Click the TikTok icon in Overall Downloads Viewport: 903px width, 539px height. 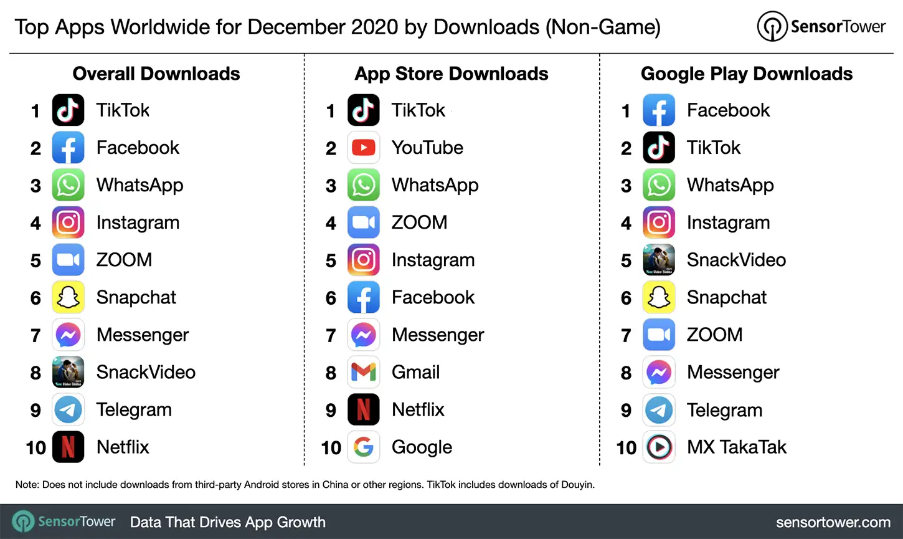pos(68,110)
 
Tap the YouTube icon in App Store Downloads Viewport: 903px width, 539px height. pos(363,148)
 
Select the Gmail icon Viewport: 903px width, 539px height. pos(363,372)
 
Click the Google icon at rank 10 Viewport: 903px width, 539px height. pos(363,447)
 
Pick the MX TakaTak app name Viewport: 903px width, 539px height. pos(736,447)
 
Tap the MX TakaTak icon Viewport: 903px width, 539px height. pos(658,447)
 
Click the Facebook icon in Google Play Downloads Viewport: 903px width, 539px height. pos(658,110)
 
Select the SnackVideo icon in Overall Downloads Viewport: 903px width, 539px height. pos(68,372)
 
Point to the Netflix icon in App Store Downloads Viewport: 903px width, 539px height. pos(363,409)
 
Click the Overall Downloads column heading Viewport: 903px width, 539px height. pos(156,74)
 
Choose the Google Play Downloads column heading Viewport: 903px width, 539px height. pos(746,74)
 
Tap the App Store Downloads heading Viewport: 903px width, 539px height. pos(451,74)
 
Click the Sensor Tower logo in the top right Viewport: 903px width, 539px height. pos(821,27)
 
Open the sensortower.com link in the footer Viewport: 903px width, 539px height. pos(833,522)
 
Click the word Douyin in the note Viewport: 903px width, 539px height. pos(577,484)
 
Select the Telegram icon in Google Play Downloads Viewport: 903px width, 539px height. pos(658,409)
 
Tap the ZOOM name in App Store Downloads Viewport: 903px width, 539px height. pos(419,222)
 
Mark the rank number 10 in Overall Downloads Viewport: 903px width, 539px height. pos(35,447)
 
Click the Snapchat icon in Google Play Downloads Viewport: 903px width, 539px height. pos(658,297)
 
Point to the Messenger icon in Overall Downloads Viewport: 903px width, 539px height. pos(68,335)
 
